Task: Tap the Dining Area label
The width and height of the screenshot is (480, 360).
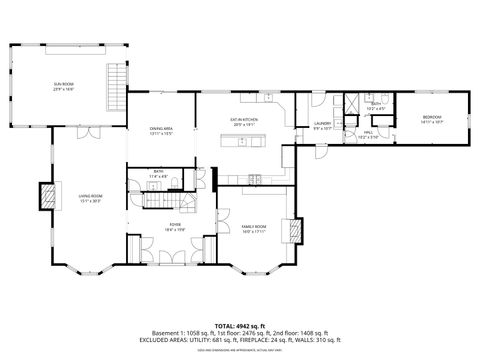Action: pyautogui.click(x=161, y=130)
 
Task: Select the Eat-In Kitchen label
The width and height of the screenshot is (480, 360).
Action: pyautogui.click(x=245, y=121)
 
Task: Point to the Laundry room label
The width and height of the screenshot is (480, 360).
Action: pyautogui.click(x=322, y=125)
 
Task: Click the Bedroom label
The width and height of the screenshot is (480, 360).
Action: pyautogui.click(x=431, y=119)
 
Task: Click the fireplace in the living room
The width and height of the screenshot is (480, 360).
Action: pyautogui.click(x=45, y=195)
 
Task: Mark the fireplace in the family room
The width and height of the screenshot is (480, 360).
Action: pyautogui.click(x=291, y=230)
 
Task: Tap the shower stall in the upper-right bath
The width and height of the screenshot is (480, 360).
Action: pyautogui.click(x=352, y=106)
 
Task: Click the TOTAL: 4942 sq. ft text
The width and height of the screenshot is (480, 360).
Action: pyautogui.click(x=240, y=326)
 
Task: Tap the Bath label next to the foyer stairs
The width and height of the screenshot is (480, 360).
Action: pyautogui.click(x=159, y=174)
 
